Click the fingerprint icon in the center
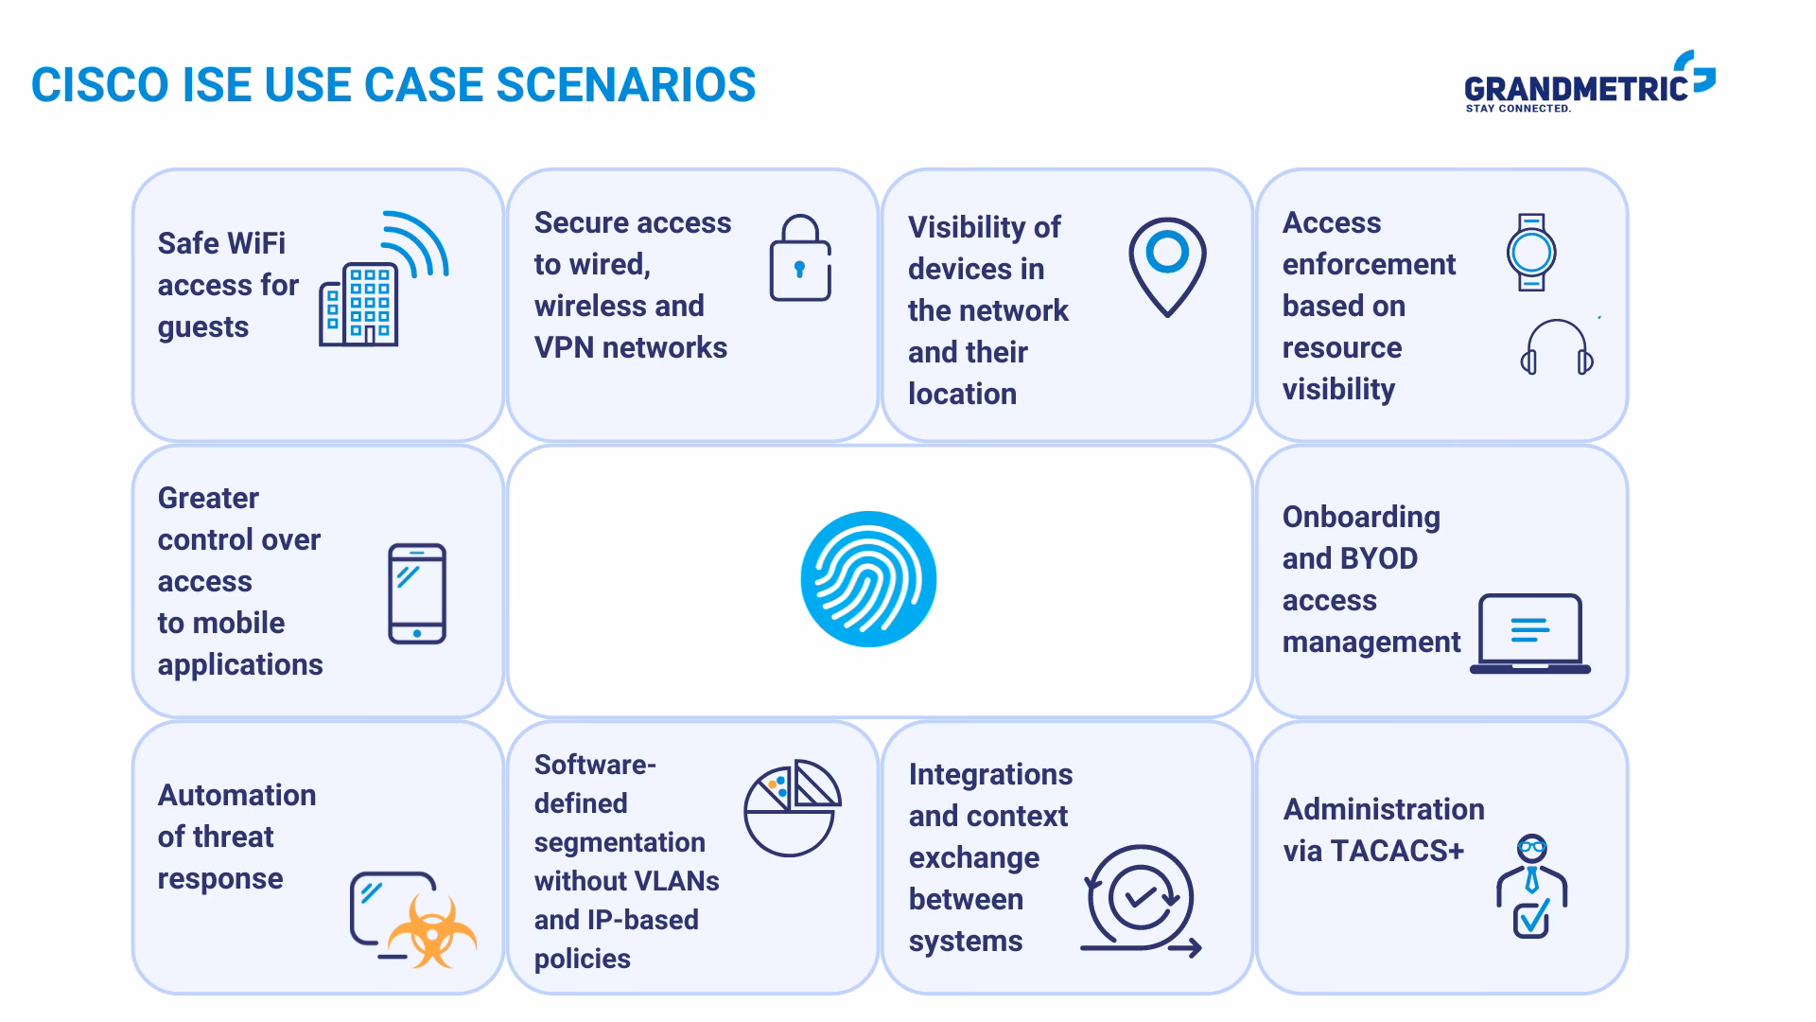coord(868,579)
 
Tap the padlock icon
coord(800,258)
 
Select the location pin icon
coord(1167,266)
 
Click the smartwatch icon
coord(1531,252)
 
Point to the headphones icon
coord(1557,348)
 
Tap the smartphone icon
coord(417,594)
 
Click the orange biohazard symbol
coord(432,931)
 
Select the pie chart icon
coord(792,807)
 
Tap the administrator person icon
coord(1531,886)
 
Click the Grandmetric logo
coord(1589,85)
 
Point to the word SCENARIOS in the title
coord(626,85)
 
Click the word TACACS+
coord(1397,851)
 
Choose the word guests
coord(203,327)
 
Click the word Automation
coord(236,795)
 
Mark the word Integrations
coord(990,774)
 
